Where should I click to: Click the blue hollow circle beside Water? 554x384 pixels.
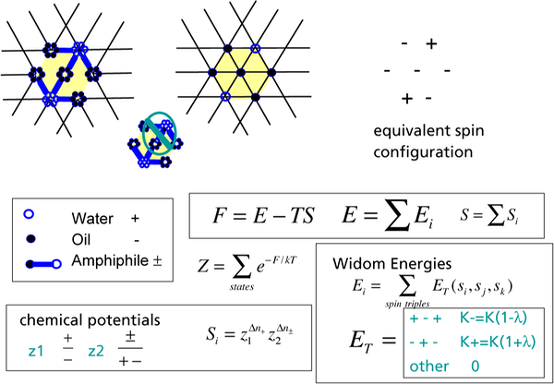[35, 220]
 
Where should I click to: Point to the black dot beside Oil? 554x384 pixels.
[35, 241]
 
